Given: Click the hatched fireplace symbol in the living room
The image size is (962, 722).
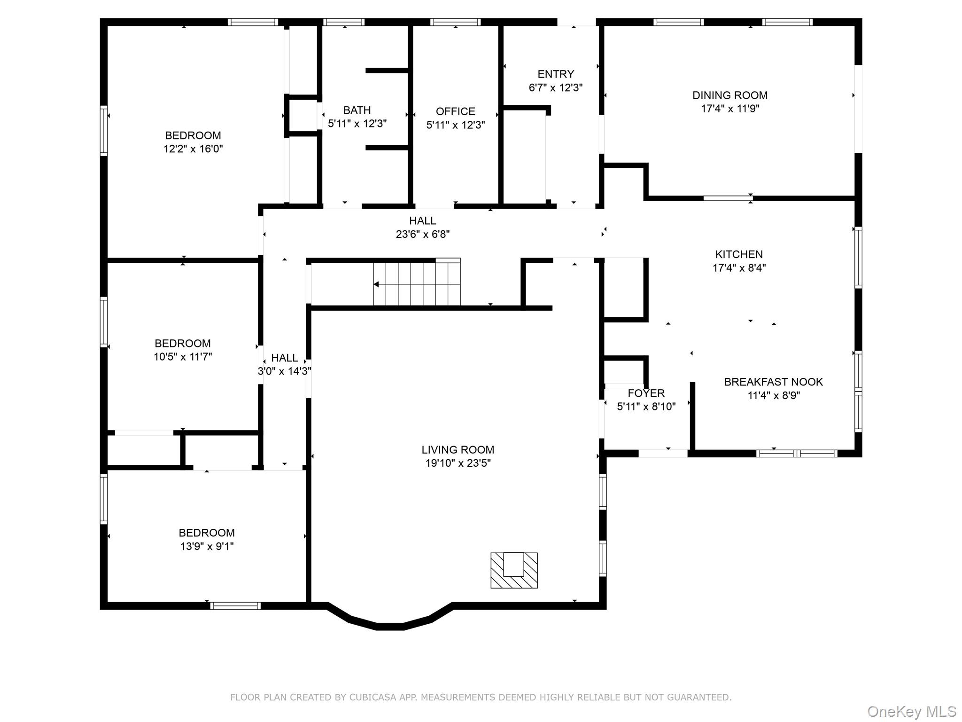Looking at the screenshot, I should pos(514,570).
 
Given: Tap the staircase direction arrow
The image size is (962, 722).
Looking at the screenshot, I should pos(376,284).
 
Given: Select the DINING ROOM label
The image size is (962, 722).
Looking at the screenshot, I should pos(730,95).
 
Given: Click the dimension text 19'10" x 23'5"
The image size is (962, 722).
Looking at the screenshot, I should pos(458,463).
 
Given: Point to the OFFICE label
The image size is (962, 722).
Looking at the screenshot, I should pos(455,111).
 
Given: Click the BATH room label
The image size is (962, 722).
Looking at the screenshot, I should pos(357,110).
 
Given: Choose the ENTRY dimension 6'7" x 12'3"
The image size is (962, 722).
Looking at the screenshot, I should pos(556,87).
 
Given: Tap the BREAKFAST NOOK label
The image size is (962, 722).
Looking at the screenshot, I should pos(773,382).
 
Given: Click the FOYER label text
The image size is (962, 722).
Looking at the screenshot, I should pos(646,393).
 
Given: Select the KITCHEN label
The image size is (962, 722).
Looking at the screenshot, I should pos(739,254).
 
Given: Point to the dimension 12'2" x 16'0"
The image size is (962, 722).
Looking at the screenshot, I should pos(193,149).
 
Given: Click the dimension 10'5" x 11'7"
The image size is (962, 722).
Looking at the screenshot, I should pos(183,357).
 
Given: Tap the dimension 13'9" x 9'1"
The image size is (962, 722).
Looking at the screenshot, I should pos(207,546).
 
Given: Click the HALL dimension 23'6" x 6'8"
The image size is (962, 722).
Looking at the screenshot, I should pos(423,234).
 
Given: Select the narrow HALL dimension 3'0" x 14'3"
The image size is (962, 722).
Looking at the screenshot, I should pos(284,371).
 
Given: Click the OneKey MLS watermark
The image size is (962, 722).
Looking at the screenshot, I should pos(911,711).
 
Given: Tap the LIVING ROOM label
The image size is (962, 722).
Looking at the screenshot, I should pos(458,449).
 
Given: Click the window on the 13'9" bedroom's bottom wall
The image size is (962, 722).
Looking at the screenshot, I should pos(235,605).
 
